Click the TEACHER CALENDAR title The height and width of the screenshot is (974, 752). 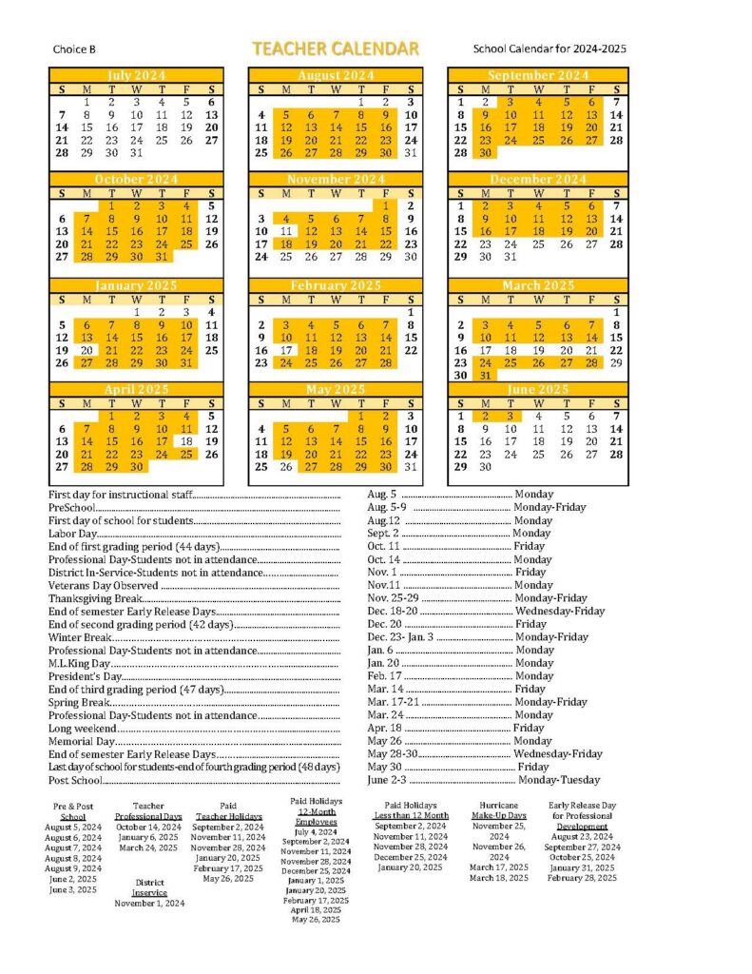pyautogui.click(x=336, y=49)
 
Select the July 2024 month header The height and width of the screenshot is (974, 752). pyautogui.click(x=136, y=75)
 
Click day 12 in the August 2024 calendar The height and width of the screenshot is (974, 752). pyautogui.click(x=285, y=127)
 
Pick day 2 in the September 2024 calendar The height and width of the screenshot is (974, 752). pyautogui.click(x=484, y=102)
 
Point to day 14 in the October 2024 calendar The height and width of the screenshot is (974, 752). pyautogui.click(x=87, y=231)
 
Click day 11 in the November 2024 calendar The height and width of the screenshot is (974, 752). pyautogui.click(x=285, y=231)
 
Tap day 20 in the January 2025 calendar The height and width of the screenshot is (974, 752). pyautogui.click(x=87, y=349)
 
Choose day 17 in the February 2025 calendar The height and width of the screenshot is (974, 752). pyautogui.click(x=285, y=349)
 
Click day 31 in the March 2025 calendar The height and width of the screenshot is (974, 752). pyautogui.click(x=484, y=375)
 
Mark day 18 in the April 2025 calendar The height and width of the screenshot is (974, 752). pyautogui.click(x=186, y=441)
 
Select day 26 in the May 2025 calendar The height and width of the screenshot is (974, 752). pyautogui.click(x=285, y=467)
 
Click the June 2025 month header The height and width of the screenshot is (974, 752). pyautogui.click(x=537, y=389)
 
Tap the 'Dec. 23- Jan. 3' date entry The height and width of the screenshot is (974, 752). pyautogui.click(x=400, y=637)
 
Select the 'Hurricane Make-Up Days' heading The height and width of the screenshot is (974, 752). pyautogui.click(x=498, y=810)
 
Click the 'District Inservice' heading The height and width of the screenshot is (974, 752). pyautogui.click(x=149, y=887)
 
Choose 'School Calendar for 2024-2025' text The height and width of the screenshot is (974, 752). pyautogui.click(x=549, y=49)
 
